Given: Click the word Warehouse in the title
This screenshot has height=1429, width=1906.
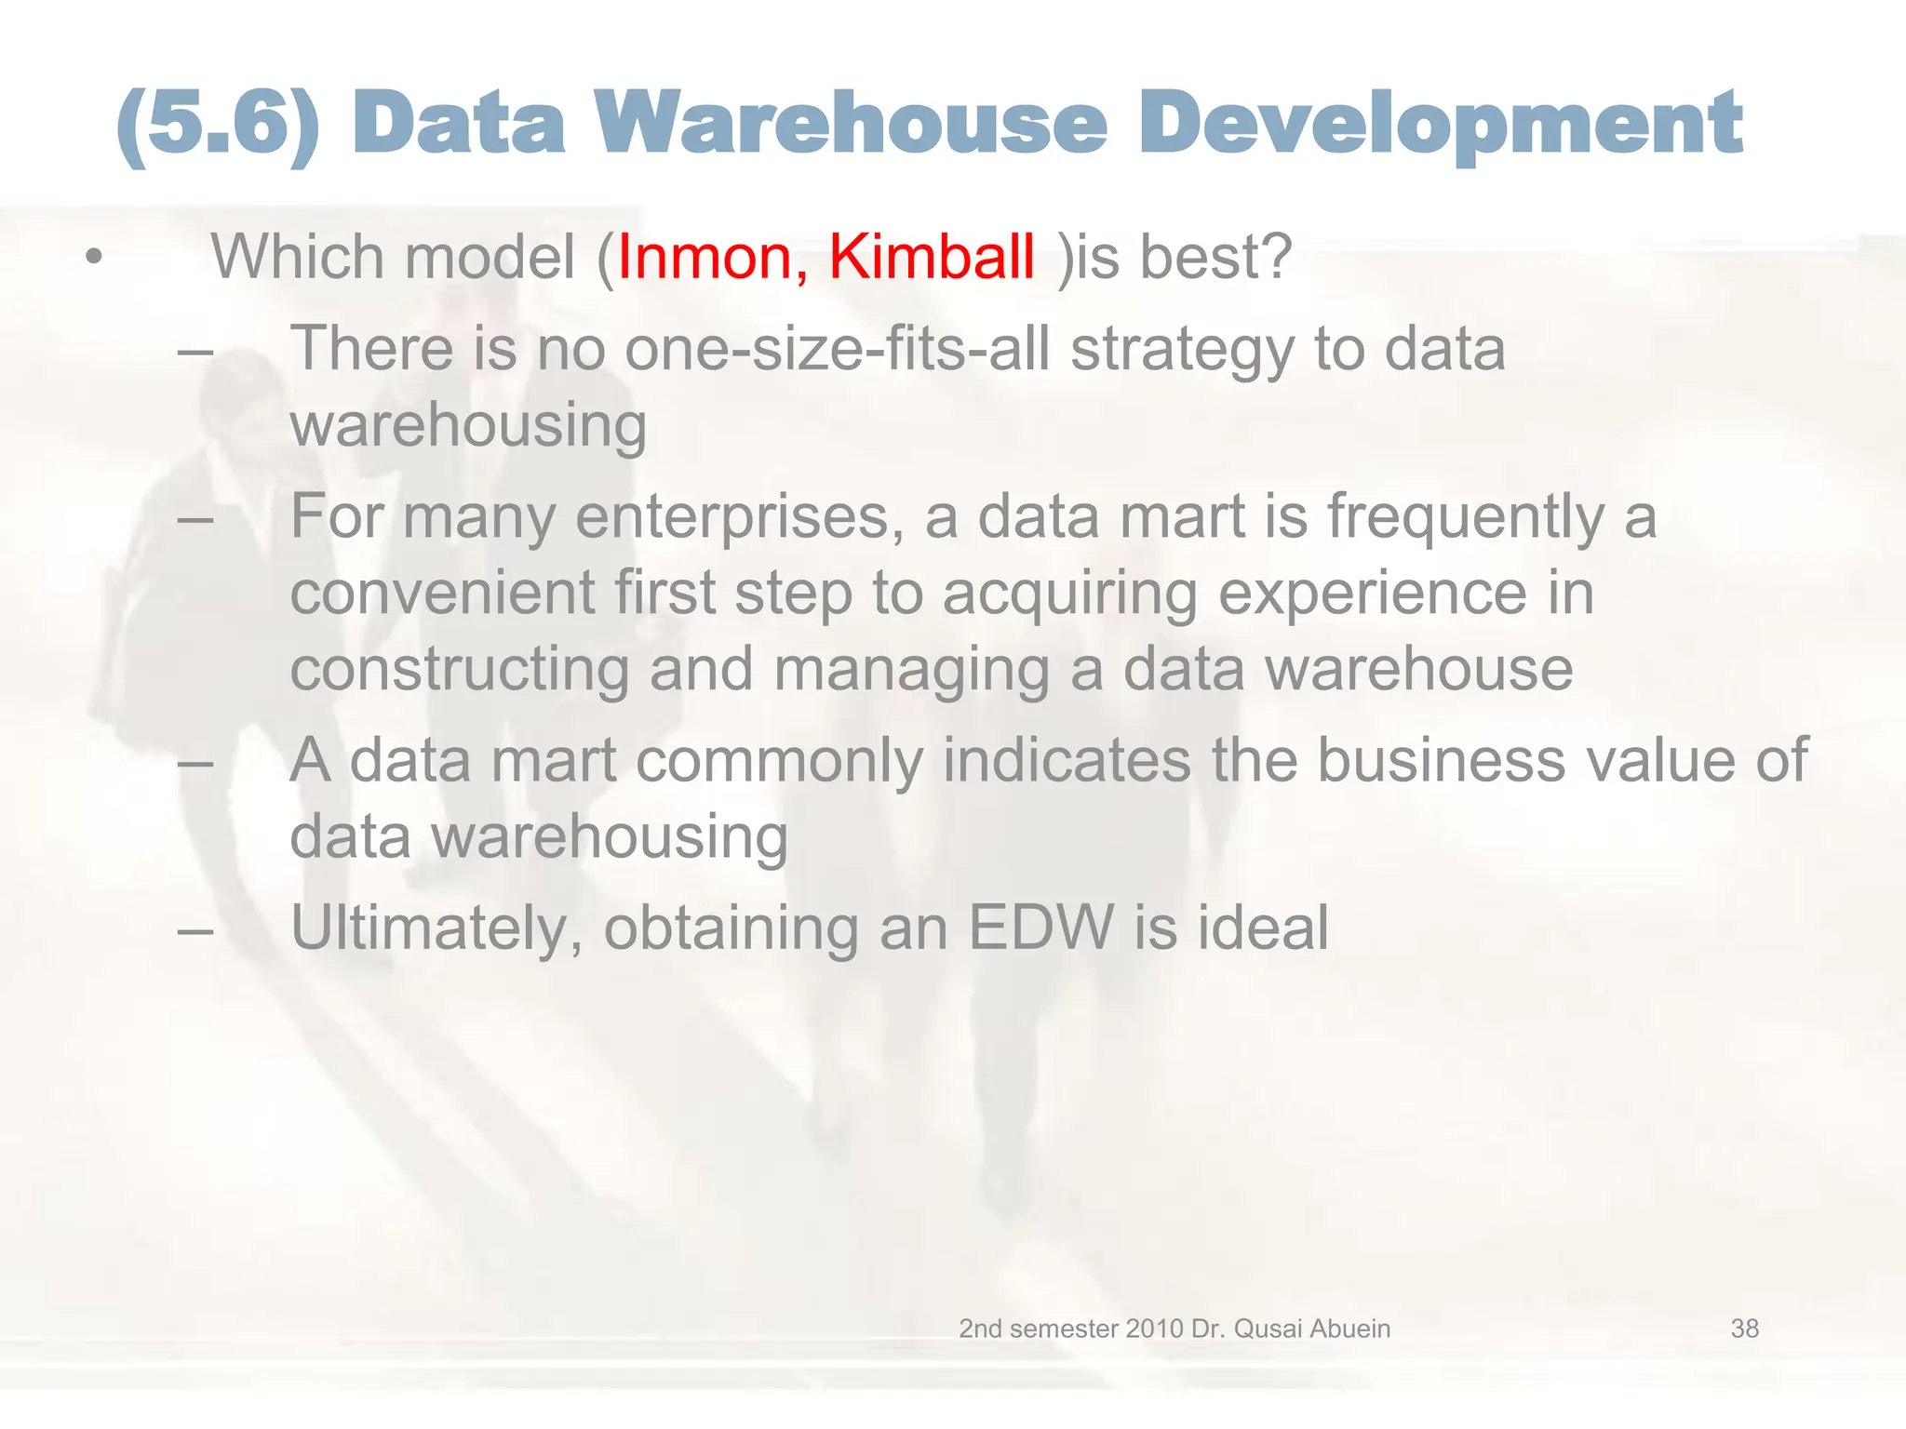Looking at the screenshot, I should click(x=852, y=123).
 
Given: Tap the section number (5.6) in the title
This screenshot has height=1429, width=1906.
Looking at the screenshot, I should click(x=220, y=125).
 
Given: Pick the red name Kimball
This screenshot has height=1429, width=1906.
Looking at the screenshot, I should click(x=932, y=256).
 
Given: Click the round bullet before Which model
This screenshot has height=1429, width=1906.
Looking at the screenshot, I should click(x=92, y=257).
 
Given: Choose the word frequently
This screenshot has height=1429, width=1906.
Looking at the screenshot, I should click(x=1465, y=518).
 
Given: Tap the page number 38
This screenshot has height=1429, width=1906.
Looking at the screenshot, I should click(x=1744, y=1329).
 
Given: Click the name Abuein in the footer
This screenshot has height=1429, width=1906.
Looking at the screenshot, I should click(x=1349, y=1329).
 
